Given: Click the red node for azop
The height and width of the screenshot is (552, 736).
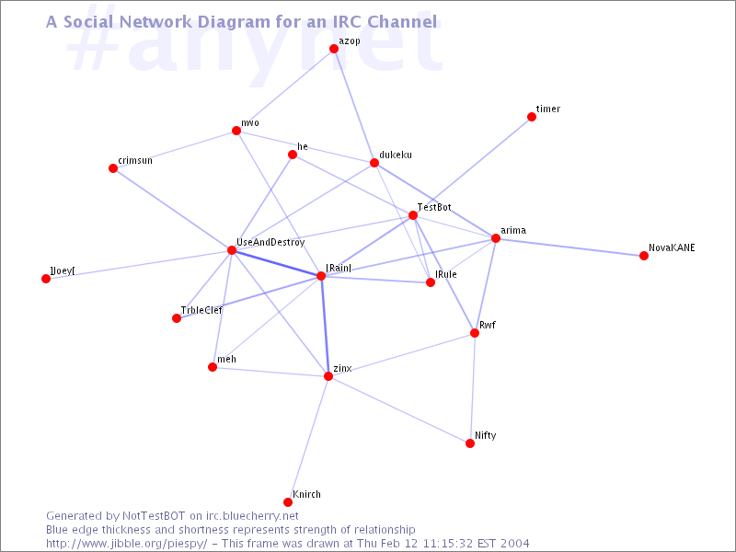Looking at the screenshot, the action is click(334, 49).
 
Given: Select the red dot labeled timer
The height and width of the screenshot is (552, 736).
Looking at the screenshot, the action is click(532, 117).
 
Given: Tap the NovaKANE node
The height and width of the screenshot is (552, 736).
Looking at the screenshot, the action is click(643, 256).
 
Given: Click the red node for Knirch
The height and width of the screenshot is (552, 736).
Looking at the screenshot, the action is click(288, 502).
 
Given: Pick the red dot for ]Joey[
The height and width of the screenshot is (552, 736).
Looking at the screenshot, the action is click(46, 279).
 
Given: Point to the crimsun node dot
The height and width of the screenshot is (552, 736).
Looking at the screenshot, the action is click(113, 168).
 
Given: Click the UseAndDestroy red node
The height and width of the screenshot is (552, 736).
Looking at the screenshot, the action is click(232, 250).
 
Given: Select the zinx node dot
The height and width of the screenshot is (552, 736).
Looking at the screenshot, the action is click(328, 376).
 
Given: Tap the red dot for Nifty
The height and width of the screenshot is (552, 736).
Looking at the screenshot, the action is click(470, 443).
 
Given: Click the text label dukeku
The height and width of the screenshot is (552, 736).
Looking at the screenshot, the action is click(396, 155).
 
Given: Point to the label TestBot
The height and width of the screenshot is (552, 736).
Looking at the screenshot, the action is click(434, 207).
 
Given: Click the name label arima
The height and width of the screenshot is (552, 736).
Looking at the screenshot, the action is click(513, 231).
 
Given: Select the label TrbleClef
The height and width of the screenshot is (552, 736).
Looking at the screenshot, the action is click(201, 310).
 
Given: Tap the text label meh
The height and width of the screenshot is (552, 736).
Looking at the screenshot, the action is click(226, 359).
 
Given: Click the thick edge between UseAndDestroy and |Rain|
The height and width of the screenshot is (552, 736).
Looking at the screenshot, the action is click(276, 263).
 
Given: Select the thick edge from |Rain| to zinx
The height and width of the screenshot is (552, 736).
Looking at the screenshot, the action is click(325, 326).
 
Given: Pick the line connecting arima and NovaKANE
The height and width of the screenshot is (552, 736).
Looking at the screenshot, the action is click(569, 247).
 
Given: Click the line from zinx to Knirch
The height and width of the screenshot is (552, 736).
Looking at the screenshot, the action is click(308, 440).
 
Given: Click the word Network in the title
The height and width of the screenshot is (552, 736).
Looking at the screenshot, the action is click(156, 21).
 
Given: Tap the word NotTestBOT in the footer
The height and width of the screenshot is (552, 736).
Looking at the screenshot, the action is click(154, 516).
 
